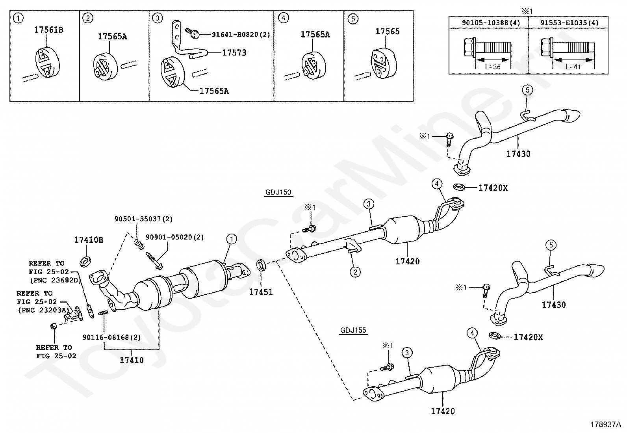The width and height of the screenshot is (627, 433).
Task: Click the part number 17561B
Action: pyautogui.click(x=48, y=29)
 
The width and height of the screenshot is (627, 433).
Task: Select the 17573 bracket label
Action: pyautogui.click(x=234, y=52)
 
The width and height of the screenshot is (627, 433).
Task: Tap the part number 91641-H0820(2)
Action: pyautogui.click(x=241, y=35)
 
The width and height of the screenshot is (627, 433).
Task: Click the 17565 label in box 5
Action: pyautogui.click(x=387, y=32)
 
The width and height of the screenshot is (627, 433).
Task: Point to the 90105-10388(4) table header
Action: pyautogui.click(x=491, y=23)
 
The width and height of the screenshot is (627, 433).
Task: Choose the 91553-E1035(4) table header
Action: pyautogui.click(x=569, y=23)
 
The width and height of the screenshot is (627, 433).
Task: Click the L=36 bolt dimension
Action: pyautogui.click(x=492, y=67)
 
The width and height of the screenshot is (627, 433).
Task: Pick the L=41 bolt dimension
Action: pyautogui.click(x=573, y=67)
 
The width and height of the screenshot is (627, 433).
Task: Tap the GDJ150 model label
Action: pyautogui.click(x=278, y=192)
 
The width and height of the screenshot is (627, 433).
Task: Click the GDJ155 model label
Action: pyautogui.click(x=353, y=330)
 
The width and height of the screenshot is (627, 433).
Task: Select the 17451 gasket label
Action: pyautogui.click(x=261, y=292)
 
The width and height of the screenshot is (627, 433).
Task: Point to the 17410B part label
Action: pyautogui.click(x=89, y=240)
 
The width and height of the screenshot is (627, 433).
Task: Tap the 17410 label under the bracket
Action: pyautogui.click(x=132, y=360)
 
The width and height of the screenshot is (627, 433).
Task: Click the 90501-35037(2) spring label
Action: pyautogui.click(x=143, y=219)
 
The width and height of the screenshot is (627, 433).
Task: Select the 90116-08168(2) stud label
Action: pyautogui.click(x=111, y=337)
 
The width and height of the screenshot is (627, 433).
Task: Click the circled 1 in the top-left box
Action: pyautogui.click(x=17, y=18)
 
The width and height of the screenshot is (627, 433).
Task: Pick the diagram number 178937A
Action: pyautogui.click(x=605, y=424)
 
